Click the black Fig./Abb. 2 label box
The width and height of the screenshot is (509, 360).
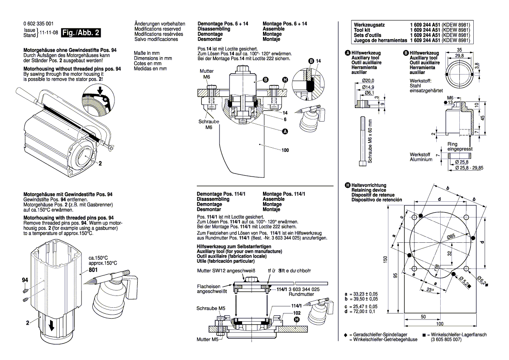coord(81,33)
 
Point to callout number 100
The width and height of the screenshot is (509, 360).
coord(285,150)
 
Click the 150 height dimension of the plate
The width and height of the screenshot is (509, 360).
coord(385,259)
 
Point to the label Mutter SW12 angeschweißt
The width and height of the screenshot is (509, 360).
coord(222,271)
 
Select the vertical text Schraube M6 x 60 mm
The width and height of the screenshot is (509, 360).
coord(370,141)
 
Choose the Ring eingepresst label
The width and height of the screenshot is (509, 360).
coord(459,146)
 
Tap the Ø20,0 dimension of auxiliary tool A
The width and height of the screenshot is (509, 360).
coord(368,81)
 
